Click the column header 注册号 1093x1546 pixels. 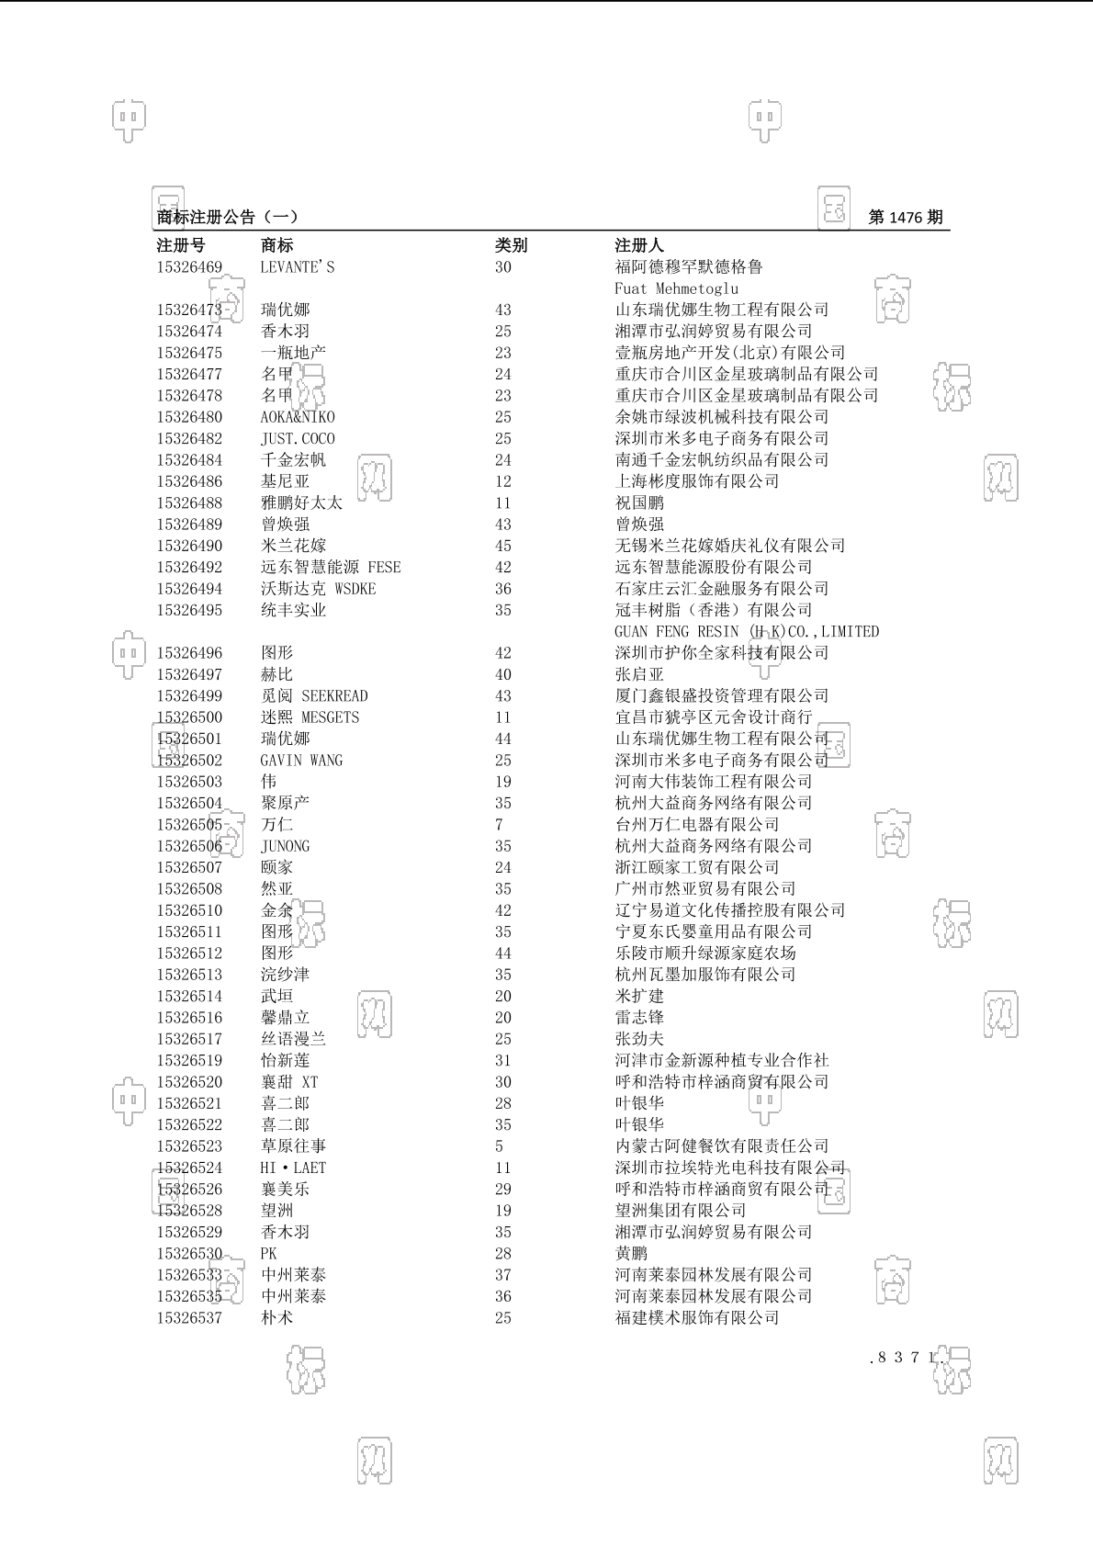pyautogui.click(x=181, y=245)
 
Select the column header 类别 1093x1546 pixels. pyautogui.click(x=511, y=245)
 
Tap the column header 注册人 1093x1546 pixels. pyautogui.click(x=638, y=245)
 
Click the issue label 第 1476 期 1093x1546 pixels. pyautogui.click(x=905, y=218)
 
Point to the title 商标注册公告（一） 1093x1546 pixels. pyautogui.click(x=227, y=218)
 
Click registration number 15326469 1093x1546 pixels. pyautogui.click(x=189, y=267)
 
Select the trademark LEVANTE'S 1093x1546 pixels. pyautogui.click(x=298, y=267)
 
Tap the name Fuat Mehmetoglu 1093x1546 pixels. pyautogui.click(x=676, y=288)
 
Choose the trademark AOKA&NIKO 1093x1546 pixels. pyautogui.click(x=298, y=417)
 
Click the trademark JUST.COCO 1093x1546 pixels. pyautogui.click(x=298, y=439)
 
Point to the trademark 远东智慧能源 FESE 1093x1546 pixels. pyautogui.click(x=331, y=568)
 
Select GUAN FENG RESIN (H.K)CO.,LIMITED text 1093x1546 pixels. pyautogui.click(x=746, y=632)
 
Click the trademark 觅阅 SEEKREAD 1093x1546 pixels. pyautogui.click(x=314, y=696)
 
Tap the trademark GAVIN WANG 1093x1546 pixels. pyautogui.click(x=301, y=761)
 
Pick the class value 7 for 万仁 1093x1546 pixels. pyautogui.click(x=499, y=825)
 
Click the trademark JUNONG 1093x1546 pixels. pyautogui.click(x=285, y=846)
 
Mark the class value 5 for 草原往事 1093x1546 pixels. pyautogui.click(x=499, y=1146)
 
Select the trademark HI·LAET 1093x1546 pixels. pyautogui.click(x=293, y=1168)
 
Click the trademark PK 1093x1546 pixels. pyautogui.click(x=268, y=1254)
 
